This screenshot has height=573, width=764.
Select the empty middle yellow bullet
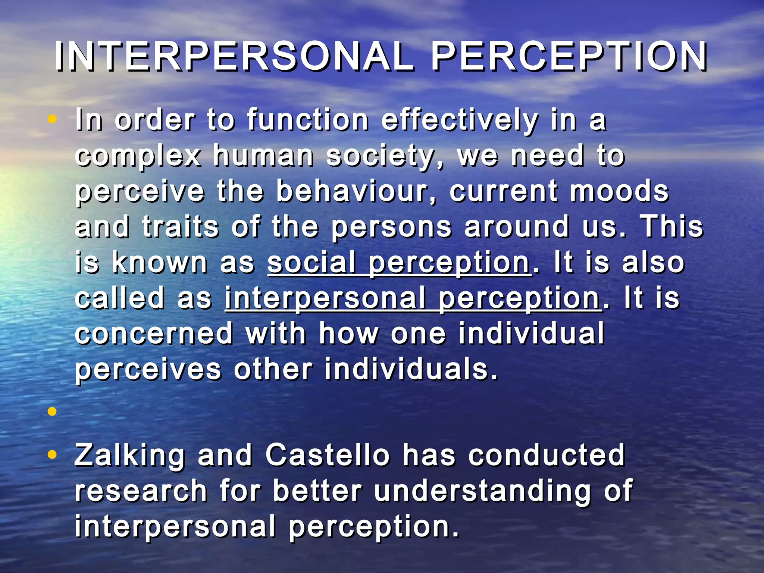click(52, 411)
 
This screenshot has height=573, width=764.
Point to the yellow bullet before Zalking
click(52, 455)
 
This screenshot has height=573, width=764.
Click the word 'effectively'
click(460, 120)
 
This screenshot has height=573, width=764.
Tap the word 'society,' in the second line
click(385, 156)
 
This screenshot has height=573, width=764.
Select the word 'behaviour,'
click(356, 191)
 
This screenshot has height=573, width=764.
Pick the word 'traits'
click(180, 226)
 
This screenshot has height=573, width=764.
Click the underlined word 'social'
click(311, 262)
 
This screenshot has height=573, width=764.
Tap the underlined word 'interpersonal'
click(325, 298)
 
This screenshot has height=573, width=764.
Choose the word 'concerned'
click(154, 333)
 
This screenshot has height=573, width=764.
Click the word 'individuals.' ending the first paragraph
click(411, 369)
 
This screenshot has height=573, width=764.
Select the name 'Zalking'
click(129, 456)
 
